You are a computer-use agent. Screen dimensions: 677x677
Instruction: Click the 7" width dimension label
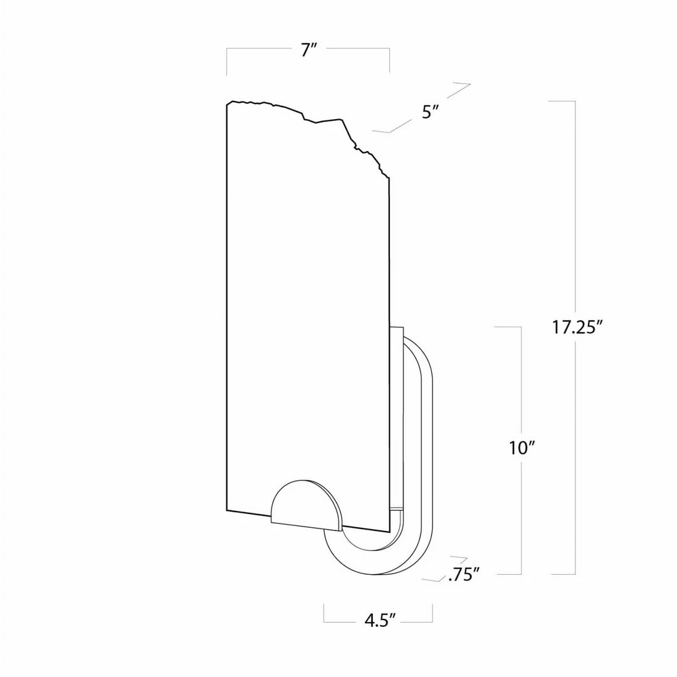coord(308,50)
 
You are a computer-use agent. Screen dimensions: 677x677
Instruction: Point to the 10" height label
coord(522,448)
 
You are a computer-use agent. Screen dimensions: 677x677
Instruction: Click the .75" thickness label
coord(464,575)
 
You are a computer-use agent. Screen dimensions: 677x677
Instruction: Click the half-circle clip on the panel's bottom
coord(306,504)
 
